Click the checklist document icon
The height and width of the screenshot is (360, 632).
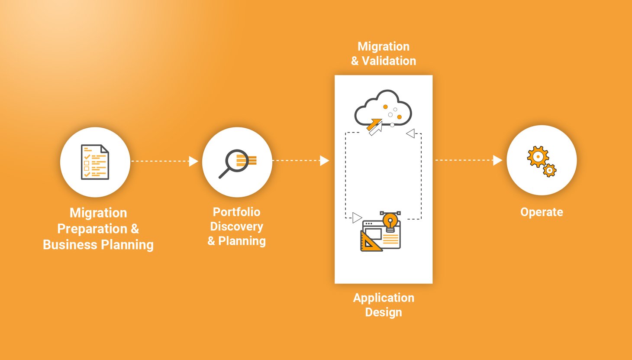pos(95,162)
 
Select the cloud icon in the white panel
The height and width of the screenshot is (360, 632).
pos(383,108)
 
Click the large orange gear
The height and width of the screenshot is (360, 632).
pos(538,156)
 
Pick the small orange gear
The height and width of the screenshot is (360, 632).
pos(550,170)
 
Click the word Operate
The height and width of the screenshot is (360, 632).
pos(542,212)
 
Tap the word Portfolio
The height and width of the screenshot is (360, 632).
pos(236,212)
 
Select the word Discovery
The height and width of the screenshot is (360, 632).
pos(236,227)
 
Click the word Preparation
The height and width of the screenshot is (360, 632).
pos(92,229)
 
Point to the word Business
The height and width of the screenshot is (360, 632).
pos(70,245)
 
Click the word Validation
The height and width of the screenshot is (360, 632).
pos(389,61)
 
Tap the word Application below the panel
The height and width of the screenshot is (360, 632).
pos(384,298)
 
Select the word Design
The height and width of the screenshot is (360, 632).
pos(384,312)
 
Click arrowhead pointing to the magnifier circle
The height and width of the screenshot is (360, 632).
pos(193,161)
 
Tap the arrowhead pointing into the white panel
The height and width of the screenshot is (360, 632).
pos(324,161)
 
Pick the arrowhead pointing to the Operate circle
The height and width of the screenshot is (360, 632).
pos(497,160)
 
